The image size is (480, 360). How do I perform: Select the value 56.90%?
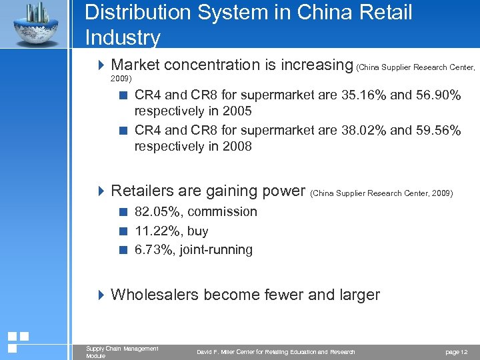(x=437, y=95)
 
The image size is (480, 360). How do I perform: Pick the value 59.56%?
(x=437, y=131)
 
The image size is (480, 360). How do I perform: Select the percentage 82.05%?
(x=159, y=212)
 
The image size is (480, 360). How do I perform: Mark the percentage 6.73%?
(x=155, y=250)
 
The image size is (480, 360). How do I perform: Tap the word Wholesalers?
(x=155, y=295)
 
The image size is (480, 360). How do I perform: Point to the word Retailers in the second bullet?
(x=141, y=191)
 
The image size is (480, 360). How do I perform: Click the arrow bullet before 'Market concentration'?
(x=101, y=65)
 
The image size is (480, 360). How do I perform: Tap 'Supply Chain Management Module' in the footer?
(x=122, y=352)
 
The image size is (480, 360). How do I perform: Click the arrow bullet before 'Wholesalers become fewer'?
(x=101, y=295)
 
